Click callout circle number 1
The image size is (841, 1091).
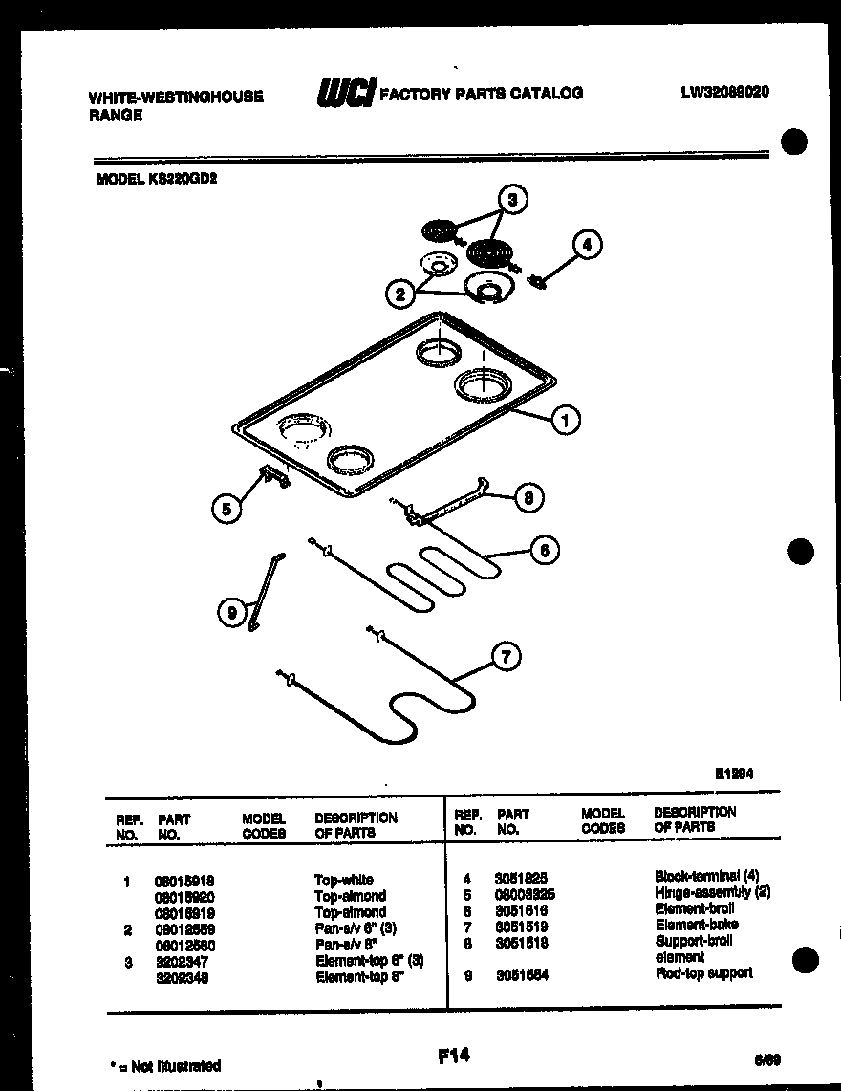[x=566, y=419]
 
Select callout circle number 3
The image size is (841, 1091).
[x=512, y=200]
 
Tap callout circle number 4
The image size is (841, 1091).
[x=587, y=246]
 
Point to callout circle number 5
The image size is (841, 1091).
[x=226, y=510]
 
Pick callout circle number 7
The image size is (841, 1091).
[x=507, y=656]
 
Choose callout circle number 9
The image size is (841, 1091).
[x=231, y=613]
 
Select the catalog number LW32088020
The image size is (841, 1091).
[x=725, y=92]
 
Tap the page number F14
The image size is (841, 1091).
[x=454, y=1056]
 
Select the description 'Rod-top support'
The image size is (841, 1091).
[x=703, y=973]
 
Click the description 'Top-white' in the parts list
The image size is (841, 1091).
[x=343, y=880]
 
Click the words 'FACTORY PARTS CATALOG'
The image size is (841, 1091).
[x=482, y=93]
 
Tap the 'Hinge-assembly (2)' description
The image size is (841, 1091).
[x=712, y=892]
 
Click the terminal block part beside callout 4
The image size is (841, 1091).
[x=537, y=280]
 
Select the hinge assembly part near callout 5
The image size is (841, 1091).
[x=273, y=476]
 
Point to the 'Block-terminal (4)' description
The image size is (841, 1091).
[x=706, y=876]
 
